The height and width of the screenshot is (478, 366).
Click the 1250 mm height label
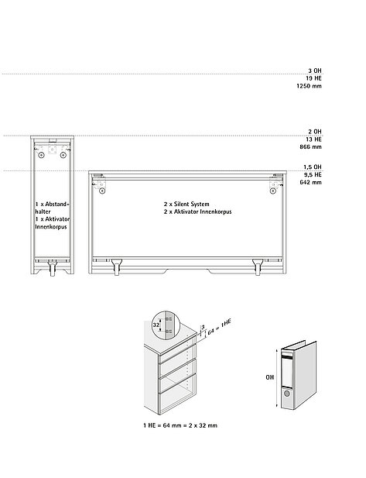[x=309, y=86]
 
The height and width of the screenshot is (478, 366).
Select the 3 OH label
[x=315, y=70]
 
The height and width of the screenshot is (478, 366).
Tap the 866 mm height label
[x=310, y=146]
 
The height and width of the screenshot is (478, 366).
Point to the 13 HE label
[x=313, y=139]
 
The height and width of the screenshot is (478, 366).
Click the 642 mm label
[x=310, y=182]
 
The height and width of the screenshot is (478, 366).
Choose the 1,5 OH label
[x=313, y=167]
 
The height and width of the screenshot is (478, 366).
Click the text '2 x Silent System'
[x=186, y=204]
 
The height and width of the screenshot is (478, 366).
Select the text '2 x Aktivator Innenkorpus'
[x=197, y=211]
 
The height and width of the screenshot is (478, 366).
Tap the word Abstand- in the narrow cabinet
[x=57, y=204]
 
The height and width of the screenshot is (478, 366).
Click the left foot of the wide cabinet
[x=116, y=267]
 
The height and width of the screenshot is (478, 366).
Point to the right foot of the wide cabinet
[x=258, y=267]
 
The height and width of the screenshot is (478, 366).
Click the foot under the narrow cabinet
[x=53, y=267]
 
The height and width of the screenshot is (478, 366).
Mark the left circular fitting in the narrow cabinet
[x=42, y=155]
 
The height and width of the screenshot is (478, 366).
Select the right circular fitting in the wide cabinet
[x=272, y=191]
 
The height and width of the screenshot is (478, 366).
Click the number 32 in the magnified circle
[x=156, y=325]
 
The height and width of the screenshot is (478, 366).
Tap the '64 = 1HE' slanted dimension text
[x=219, y=327]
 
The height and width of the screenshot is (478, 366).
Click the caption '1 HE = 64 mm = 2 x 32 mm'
[x=180, y=425]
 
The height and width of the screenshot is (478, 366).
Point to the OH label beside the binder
[x=270, y=377]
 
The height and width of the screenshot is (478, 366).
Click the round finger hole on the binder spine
[x=287, y=394]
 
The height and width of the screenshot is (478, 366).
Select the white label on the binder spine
[x=287, y=372]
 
